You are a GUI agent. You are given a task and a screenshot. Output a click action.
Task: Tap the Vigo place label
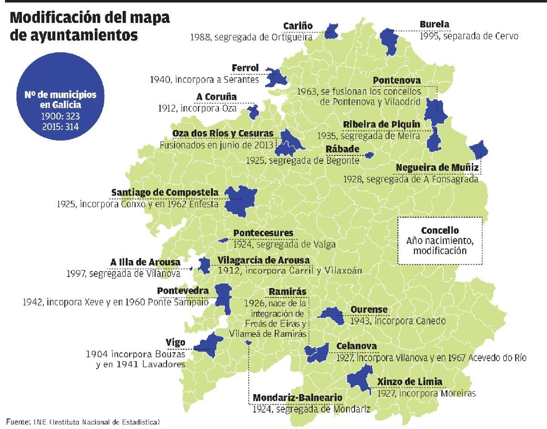tap(175, 342)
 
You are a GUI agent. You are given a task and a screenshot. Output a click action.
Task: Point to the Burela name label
tap(434, 24)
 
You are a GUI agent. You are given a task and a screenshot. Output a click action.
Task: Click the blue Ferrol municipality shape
tap(275, 78)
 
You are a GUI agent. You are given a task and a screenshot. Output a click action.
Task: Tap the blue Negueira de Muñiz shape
tap(478, 149)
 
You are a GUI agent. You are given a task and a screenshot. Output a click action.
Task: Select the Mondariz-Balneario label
tap(297, 398)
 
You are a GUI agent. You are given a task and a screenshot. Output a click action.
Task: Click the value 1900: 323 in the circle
tap(61, 117)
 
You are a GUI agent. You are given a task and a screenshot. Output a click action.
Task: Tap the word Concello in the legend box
tap(439, 230)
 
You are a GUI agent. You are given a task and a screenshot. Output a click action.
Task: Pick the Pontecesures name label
tap(263, 233)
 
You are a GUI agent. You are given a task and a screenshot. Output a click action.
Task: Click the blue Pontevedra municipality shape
tap(223, 296)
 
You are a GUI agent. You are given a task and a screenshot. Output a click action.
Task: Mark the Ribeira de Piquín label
tap(382, 124)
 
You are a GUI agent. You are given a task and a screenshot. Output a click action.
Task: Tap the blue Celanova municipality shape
tap(317, 352)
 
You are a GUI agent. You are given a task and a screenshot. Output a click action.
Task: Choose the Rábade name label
tap(342, 149)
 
